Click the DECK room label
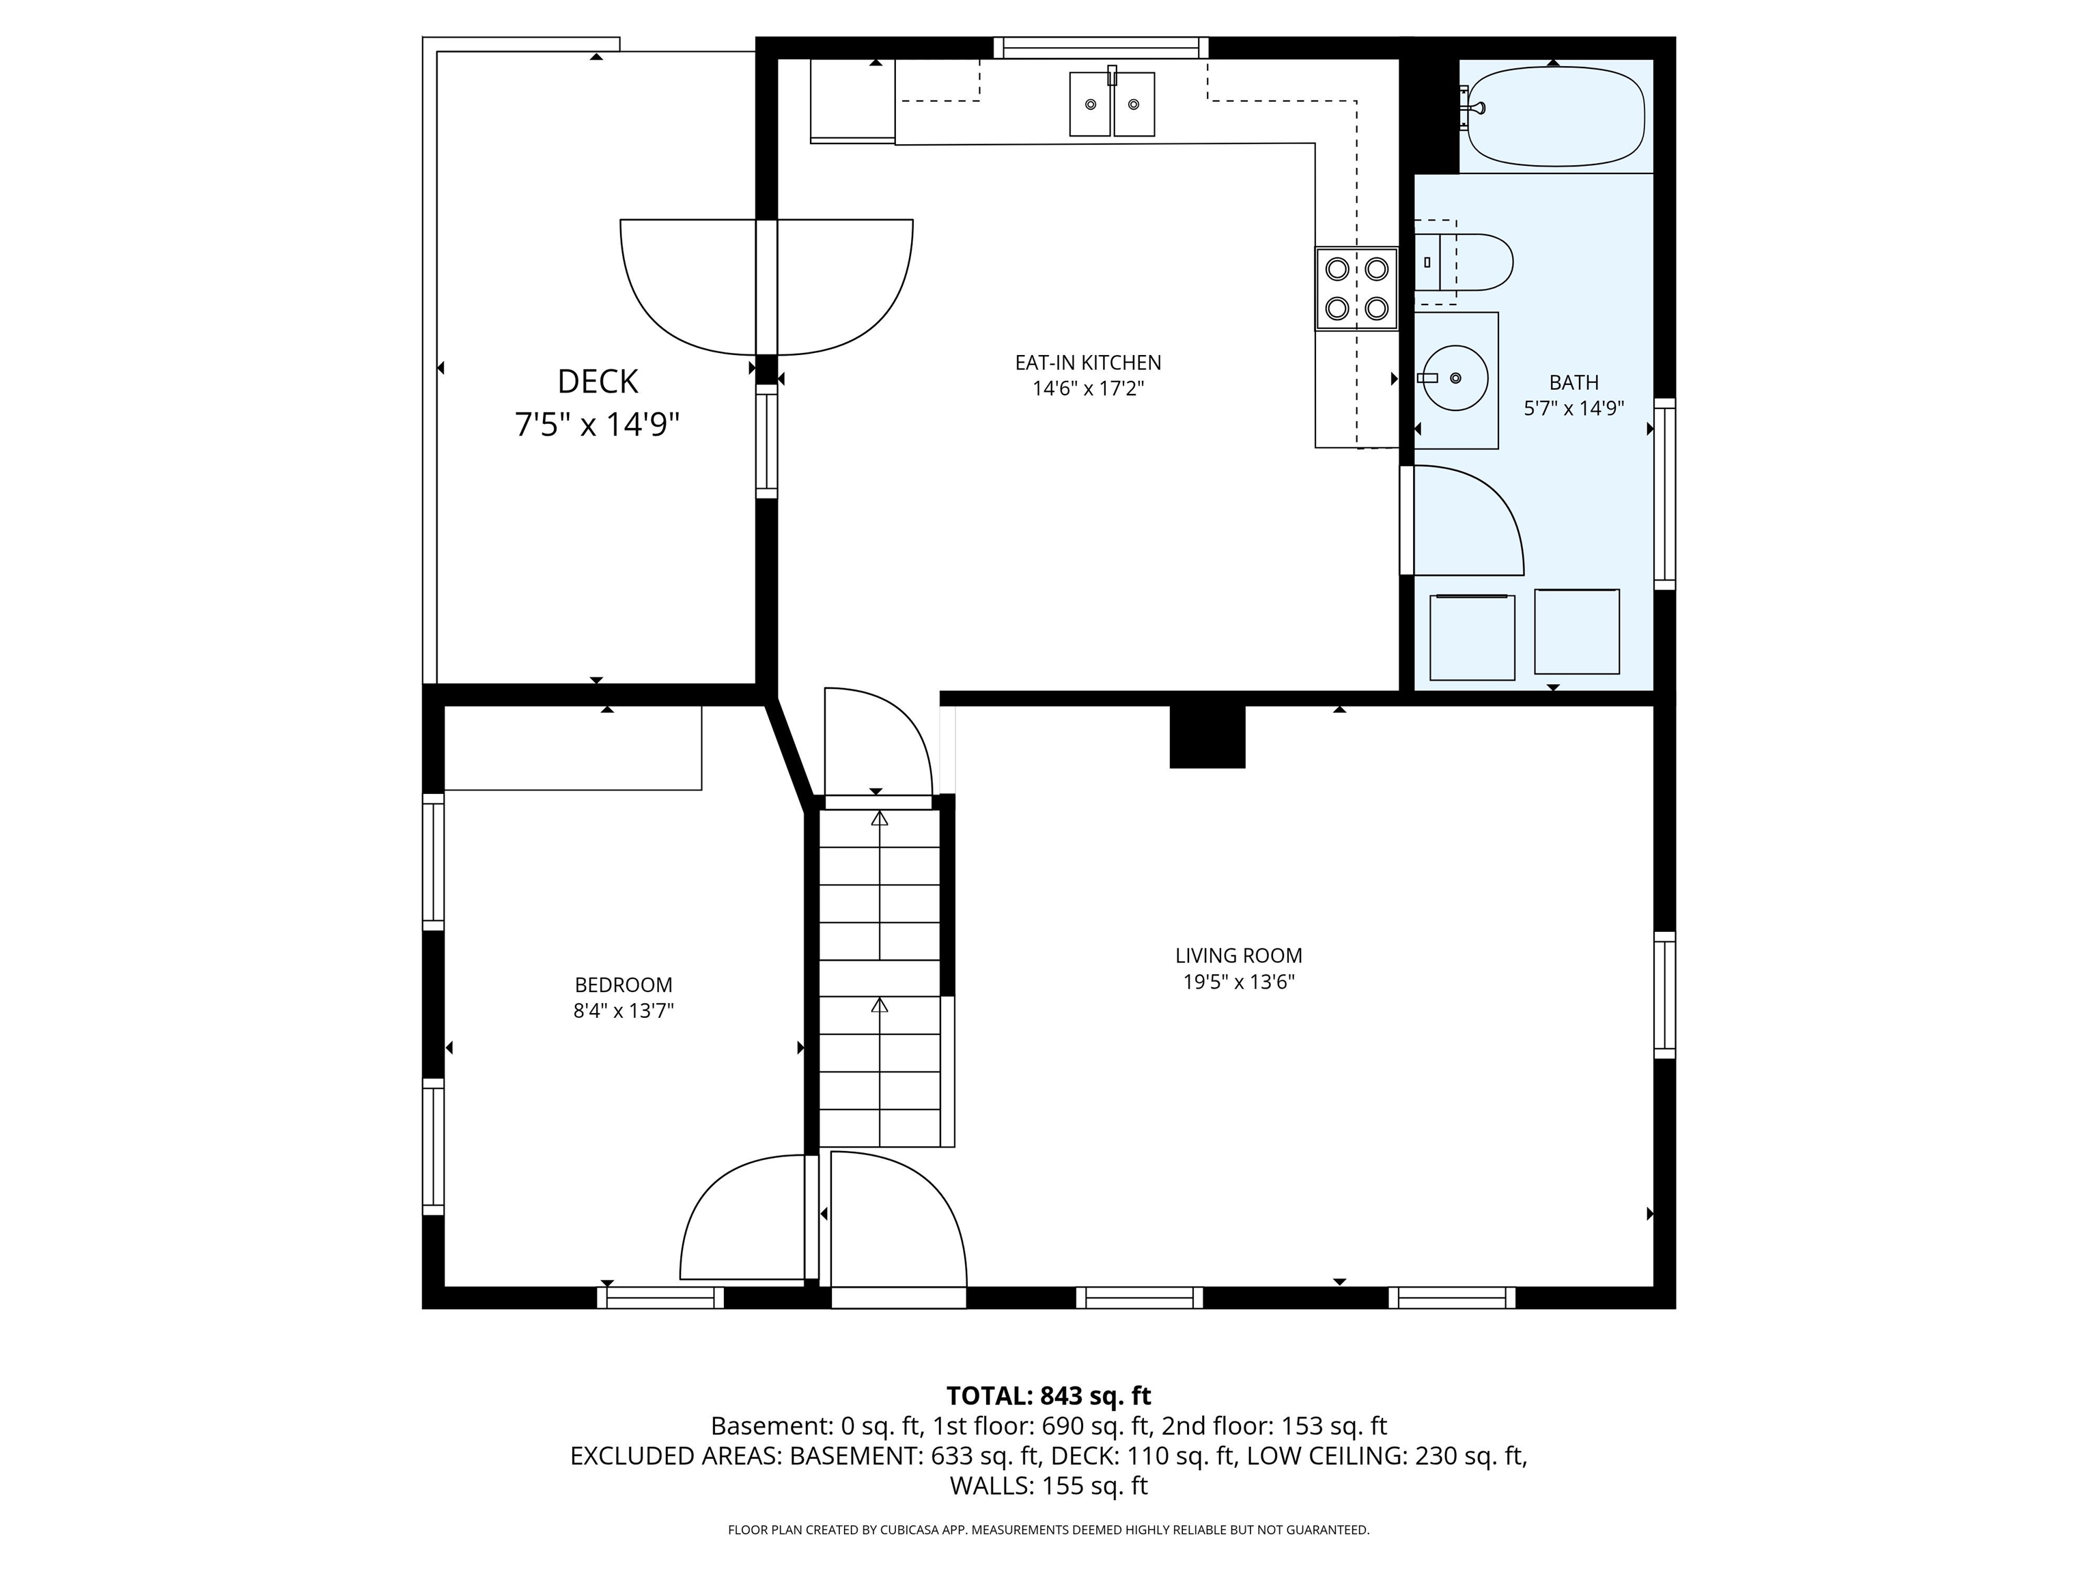[x=598, y=381]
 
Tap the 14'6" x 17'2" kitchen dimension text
[x=1088, y=388]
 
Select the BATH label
[x=1573, y=382]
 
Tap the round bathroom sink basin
[x=1455, y=378]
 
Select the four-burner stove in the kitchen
[x=1356, y=288]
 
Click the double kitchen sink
[x=1112, y=104]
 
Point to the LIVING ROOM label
[x=1239, y=956]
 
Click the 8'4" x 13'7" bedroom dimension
[x=623, y=1010]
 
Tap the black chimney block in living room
[x=1207, y=737]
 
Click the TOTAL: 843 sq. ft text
[x=1048, y=1395]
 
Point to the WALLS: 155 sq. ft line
[x=1048, y=1486]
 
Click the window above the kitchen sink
[x=1101, y=47]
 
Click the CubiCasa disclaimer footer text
[x=1048, y=1529]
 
